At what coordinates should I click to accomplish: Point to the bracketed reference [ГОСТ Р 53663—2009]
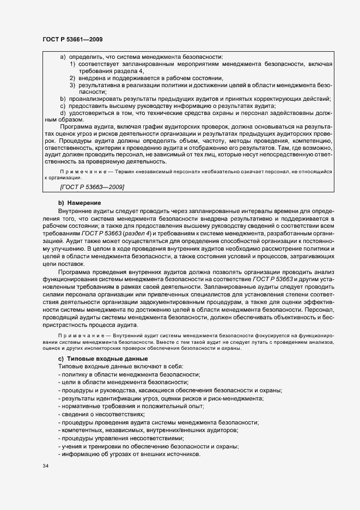click(91, 188)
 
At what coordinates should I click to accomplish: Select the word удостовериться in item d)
click(92, 113)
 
